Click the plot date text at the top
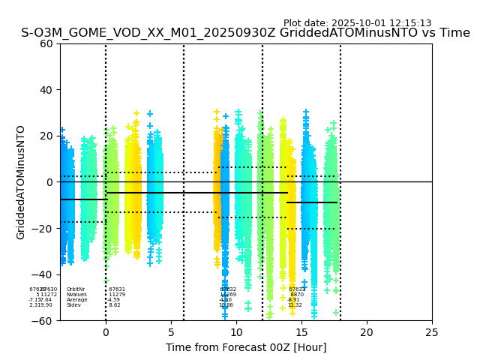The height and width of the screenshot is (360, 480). [x=357, y=23]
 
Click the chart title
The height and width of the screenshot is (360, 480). [x=245, y=33]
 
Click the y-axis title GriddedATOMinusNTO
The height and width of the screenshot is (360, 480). [x=21, y=182]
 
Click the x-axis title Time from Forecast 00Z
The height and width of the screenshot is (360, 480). [x=246, y=347]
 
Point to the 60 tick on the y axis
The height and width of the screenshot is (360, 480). [x=46, y=43]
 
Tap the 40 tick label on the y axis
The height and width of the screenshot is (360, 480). [x=46, y=90]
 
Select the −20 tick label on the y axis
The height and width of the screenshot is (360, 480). [x=43, y=229]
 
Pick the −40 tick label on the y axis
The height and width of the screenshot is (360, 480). [x=43, y=274]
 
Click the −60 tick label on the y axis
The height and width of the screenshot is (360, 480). [x=43, y=321]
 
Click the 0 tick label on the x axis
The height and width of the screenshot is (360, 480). [x=106, y=332]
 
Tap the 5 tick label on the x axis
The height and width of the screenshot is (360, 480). [x=171, y=332]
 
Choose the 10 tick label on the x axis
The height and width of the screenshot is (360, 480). [x=236, y=332]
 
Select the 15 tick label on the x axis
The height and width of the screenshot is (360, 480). [x=301, y=332]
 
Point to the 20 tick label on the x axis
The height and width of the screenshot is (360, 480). [x=367, y=332]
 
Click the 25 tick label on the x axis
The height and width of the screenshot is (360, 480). [x=432, y=332]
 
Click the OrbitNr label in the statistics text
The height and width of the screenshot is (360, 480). [x=76, y=289]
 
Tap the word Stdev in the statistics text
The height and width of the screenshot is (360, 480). [x=73, y=305]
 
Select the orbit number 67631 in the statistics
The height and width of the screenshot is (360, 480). [x=117, y=289]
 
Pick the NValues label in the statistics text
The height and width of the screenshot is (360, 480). [x=76, y=295]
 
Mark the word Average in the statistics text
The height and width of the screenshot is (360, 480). [x=76, y=300]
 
